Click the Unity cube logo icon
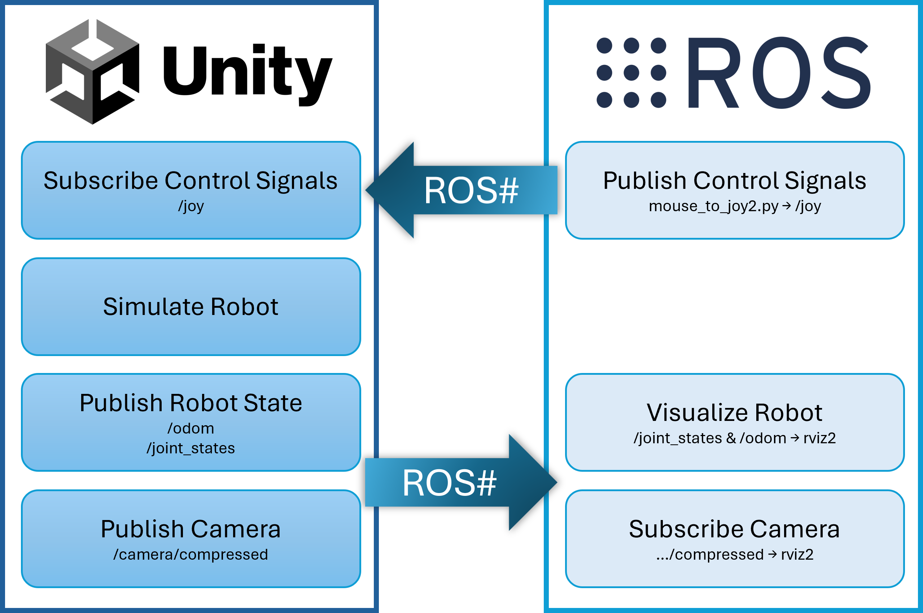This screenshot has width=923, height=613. pyautogui.click(x=92, y=72)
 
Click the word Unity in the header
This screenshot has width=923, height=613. pyautogui.click(x=248, y=73)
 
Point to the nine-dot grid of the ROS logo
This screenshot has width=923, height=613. pyautogui.click(x=631, y=73)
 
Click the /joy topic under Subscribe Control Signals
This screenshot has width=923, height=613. pyautogui.click(x=191, y=206)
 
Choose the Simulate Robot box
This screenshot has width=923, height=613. pyautogui.click(x=191, y=306)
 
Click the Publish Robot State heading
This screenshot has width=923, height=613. pyautogui.click(x=191, y=403)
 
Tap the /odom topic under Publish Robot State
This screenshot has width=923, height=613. pyautogui.click(x=191, y=428)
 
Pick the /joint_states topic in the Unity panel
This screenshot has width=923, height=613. pyautogui.click(x=191, y=448)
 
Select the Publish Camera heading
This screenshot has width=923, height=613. pyautogui.click(x=191, y=529)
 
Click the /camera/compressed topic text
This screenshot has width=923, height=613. pyautogui.click(x=191, y=554)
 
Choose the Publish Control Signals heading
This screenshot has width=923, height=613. pyautogui.click(x=734, y=181)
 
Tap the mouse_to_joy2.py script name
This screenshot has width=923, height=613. pyautogui.click(x=713, y=206)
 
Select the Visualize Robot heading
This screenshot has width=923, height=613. pyautogui.click(x=734, y=412)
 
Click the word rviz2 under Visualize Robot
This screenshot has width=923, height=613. pyautogui.click(x=819, y=438)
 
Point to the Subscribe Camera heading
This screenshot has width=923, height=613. pyautogui.click(x=734, y=529)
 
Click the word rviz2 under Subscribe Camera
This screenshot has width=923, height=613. pyautogui.click(x=797, y=554)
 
